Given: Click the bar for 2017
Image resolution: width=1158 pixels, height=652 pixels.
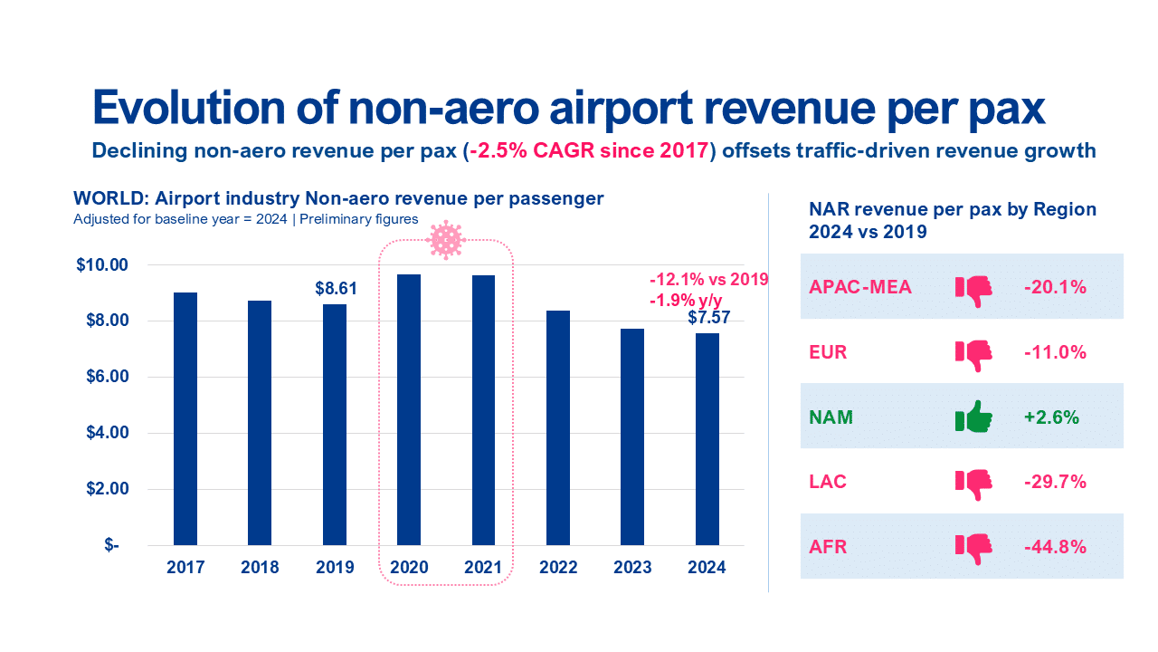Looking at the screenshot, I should coord(185,418).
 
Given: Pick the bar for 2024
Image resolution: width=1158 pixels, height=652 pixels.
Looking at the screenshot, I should coord(707,439).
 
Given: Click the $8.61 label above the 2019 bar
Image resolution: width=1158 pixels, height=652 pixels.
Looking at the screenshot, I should coord(335,289).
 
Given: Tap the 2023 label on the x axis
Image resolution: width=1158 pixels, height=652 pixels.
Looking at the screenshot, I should coord(632,568).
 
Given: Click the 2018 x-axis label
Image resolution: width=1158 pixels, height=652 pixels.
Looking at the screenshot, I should coord(260,568).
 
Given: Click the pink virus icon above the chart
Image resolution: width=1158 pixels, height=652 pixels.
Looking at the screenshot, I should coord(445,240).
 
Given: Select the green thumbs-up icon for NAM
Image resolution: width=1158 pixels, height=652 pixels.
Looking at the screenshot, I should coord(973,417).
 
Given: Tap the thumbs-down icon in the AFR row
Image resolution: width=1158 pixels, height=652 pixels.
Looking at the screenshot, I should coord(973,547).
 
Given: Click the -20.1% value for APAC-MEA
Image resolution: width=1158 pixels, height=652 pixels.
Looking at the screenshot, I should coord(1055,287).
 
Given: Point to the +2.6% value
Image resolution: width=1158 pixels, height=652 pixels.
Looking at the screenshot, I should coord(1052,417).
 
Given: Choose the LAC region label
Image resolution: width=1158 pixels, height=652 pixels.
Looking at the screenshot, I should coord(828,482).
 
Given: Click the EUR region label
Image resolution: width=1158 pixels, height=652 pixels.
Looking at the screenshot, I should coord(828,352).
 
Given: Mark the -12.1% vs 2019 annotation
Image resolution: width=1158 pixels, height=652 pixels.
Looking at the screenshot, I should coord(709,279).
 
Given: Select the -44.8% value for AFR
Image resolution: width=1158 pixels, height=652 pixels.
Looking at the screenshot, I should coord(1055,547).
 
